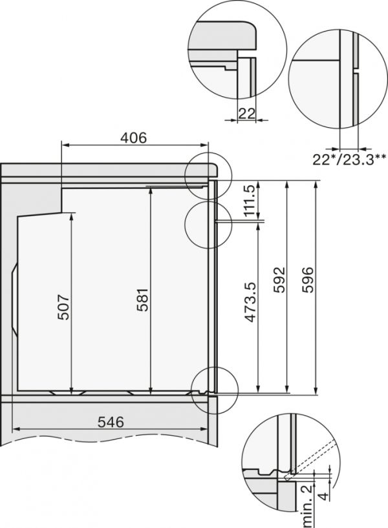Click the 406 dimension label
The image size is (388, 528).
point(134,137)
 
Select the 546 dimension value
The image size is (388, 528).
point(111,422)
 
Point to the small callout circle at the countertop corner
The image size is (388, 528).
point(207,174)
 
